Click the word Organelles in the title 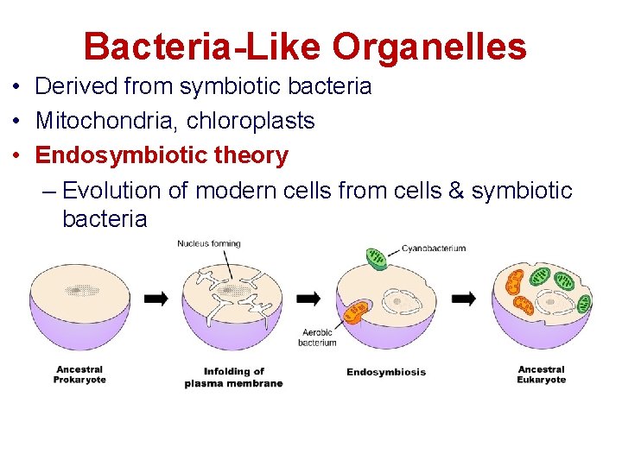[429, 47]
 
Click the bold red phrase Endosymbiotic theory [162, 155]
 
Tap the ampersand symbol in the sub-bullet [457, 190]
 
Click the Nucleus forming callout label [209, 244]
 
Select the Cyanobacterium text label [434, 249]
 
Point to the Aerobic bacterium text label [317, 337]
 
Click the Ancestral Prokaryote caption [79, 375]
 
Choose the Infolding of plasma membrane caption [233, 377]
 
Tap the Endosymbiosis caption [386, 372]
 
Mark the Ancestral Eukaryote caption [542, 375]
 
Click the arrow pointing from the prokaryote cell [156, 299]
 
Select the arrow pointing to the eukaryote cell [464, 299]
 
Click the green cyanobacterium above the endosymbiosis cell [377, 258]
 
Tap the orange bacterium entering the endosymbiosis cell [356, 312]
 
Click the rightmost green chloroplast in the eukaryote [584, 303]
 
